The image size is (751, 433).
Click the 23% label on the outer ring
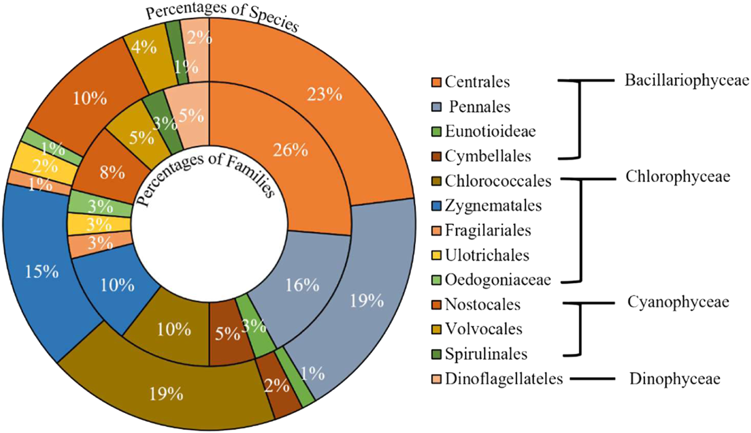click(x=325, y=94)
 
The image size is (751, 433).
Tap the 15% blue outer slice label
click(x=42, y=272)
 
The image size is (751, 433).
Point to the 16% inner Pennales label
click(x=303, y=286)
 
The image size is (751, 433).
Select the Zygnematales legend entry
click(x=493, y=206)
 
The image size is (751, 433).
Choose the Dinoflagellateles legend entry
click(x=503, y=379)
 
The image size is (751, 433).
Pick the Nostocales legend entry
click(x=483, y=304)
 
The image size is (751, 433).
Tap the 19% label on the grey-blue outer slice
click(x=366, y=302)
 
